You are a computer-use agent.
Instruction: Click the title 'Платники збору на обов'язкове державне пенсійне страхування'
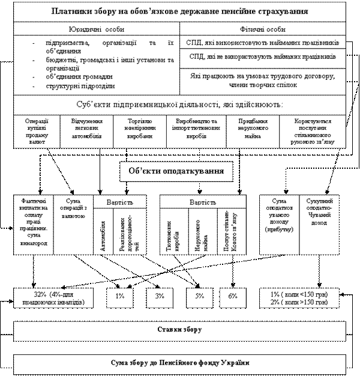tap(181, 11)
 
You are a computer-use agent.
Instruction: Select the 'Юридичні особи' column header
tap(97, 29)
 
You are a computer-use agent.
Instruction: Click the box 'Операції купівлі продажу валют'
tap(37, 130)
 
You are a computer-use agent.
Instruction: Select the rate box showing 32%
tap(55, 298)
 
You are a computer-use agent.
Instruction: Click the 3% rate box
tap(159, 296)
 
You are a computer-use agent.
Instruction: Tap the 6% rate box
tap(233, 296)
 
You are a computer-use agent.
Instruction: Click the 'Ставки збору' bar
tap(180, 330)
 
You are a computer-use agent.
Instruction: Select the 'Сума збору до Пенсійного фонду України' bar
tap(180, 363)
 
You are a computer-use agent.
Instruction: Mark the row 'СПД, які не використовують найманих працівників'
tap(262, 56)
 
